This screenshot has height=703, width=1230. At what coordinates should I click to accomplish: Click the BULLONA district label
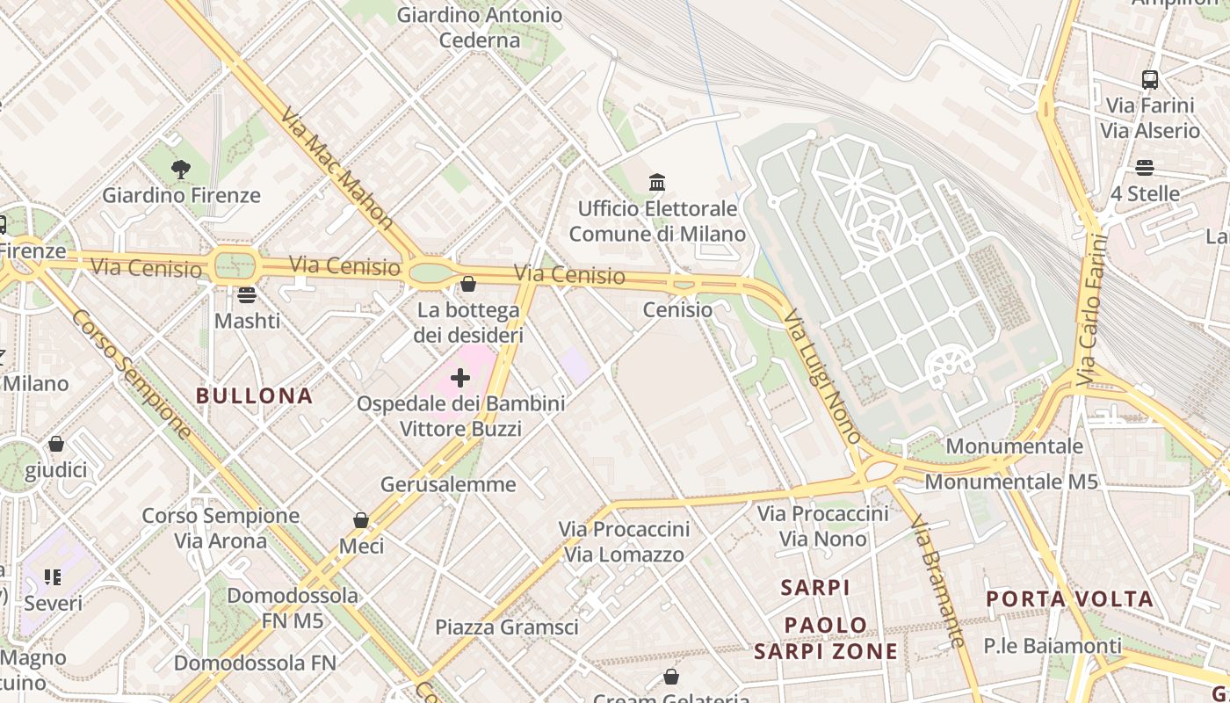pos(255,396)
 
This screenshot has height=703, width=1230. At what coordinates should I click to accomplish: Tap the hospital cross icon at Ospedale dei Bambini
pos(460,378)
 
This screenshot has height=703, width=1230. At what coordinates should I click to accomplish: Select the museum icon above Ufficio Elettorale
pos(657,183)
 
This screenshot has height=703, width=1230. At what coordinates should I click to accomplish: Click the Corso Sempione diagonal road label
pos(131,373)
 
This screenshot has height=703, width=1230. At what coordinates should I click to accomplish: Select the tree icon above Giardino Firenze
pos(181,169)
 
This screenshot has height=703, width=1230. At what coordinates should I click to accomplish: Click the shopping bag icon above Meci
pos(361,520)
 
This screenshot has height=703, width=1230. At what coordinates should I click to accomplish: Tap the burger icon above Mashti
pos(247,294)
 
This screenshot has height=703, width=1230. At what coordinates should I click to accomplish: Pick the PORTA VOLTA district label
pos(1069,599)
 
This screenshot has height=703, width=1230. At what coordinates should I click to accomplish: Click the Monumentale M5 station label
pos(1011,482)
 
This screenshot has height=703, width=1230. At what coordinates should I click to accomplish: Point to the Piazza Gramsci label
pos(507,627)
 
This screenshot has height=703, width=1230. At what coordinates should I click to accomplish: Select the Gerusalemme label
pos(448,484)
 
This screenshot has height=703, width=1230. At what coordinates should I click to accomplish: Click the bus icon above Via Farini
pos(1150,80)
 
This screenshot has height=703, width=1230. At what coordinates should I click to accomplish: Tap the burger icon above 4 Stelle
pos(1145,167)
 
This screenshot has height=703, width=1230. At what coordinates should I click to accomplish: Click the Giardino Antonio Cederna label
pos(480,27)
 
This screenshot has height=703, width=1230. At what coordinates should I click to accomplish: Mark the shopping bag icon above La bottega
pos(468,284)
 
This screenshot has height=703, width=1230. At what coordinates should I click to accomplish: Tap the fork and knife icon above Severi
pos(53,577)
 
